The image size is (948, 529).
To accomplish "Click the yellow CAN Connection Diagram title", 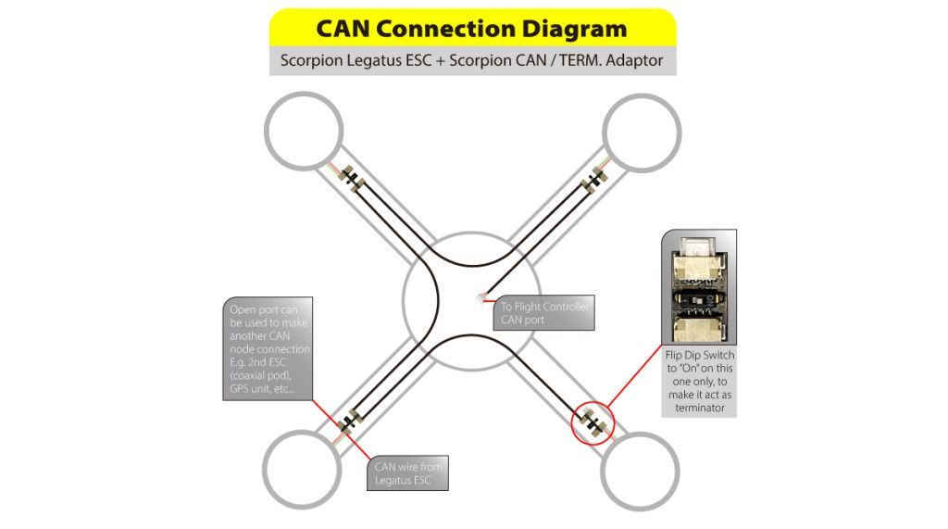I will [472, 28].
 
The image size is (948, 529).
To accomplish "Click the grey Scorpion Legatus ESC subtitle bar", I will [472, 61].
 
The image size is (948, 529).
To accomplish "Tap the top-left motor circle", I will [304, 131].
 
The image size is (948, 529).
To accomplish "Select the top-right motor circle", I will [642, 131].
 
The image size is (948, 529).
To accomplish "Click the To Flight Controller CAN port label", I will [543, 313].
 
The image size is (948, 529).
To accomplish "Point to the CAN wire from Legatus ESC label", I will [408, 472].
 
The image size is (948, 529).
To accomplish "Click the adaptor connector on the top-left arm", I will [353, 175].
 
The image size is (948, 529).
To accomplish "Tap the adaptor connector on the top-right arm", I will [592, 177].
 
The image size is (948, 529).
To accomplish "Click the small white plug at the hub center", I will [483, 297].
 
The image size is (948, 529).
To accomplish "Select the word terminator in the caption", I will [699, 408].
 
